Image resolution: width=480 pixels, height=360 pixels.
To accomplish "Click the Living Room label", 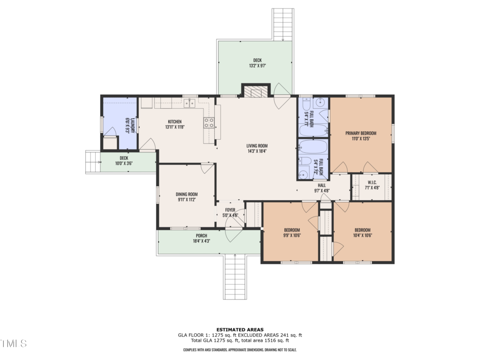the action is click(x=257, y=146).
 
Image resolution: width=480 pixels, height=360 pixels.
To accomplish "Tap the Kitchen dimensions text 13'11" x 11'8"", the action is click(x=175, y=127).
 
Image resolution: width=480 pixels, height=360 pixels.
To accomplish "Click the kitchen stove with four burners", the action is click(x=209, y=123).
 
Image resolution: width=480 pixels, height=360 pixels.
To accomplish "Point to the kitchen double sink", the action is click(x=190, y=104).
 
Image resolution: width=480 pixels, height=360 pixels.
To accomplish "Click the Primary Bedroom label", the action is click(x=361, y=133).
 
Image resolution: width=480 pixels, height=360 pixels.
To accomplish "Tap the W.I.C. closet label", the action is click(x=372, y=182).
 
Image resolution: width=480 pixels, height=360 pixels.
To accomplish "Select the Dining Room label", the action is click(x=187, y=194).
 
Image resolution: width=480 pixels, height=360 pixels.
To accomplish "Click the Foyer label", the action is click(x=230, y=210).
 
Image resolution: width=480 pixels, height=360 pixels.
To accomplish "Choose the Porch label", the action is click(x=202, y=236).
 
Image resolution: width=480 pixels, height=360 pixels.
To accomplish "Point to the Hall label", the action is click(x=322, y=185).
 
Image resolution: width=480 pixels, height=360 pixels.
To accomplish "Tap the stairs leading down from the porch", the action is click(x=235, y=277).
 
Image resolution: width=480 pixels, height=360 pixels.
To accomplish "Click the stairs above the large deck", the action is click(x=283, y=24).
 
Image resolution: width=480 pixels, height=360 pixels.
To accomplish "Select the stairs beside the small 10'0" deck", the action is click(x=93, y=162).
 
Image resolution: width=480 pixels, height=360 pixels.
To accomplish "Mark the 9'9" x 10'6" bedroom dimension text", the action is click(x=292, y=235).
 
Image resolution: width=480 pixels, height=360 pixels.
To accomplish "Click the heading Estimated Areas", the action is click(x=240, y=330).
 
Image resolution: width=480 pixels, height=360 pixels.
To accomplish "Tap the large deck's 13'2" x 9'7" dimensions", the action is click(x=257, y=66).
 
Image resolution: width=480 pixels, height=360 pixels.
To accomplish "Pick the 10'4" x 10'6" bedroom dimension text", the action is click(x=363, y=235).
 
